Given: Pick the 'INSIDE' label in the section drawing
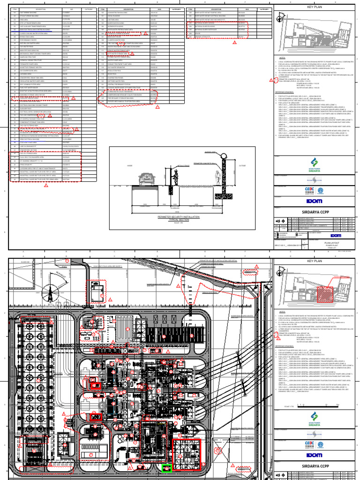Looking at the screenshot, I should [124, 165].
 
